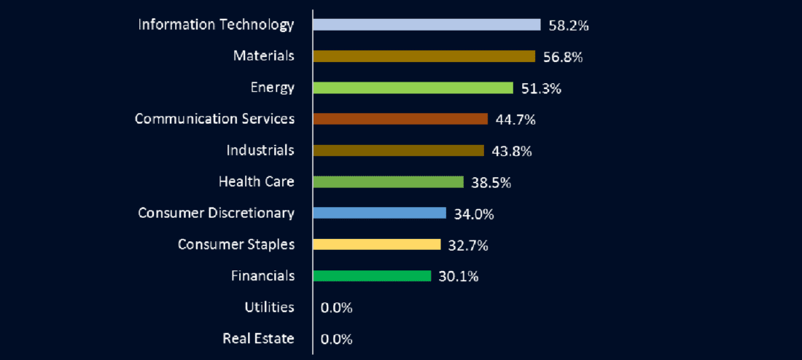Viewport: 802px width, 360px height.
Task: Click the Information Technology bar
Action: coord(427,25)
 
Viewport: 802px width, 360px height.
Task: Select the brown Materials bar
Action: coord(424,56)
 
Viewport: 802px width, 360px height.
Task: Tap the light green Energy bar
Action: coord(413,87)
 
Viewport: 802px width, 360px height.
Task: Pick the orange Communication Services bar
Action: coord(400,119)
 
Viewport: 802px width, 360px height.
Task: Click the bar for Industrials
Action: coord(398,150)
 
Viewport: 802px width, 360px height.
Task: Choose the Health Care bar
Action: coord(388,181)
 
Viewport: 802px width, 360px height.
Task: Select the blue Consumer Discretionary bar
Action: coord(379,213)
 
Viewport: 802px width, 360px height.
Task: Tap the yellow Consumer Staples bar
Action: coord(376,244)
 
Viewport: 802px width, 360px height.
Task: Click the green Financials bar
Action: coord(372,275)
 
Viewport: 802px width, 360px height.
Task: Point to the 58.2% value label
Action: coord(568,26)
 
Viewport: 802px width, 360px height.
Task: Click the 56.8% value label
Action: coord(562,57)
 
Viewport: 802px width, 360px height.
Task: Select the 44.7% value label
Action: coord(515,120)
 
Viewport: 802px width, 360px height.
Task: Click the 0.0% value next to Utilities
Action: coord(336,308)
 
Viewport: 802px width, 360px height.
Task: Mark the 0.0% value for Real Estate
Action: coord(336,339)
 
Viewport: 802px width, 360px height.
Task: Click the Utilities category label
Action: coord(269,307)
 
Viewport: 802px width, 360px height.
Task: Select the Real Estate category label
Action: coord(258,338)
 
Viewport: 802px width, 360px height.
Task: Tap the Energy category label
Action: coord(272,87)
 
